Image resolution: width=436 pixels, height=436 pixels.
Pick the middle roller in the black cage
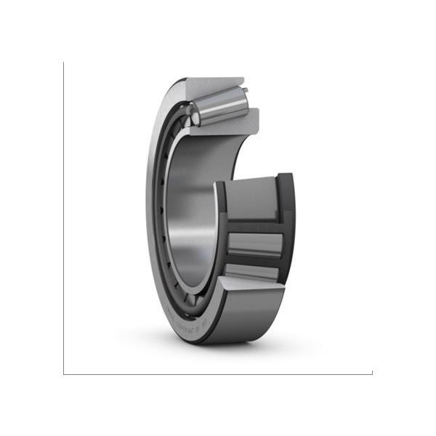click(254, 244)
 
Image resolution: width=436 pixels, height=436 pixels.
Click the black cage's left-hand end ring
click(220, 233)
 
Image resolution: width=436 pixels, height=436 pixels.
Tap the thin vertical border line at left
click(63, 218)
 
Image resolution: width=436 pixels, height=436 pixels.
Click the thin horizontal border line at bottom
click(218, 374)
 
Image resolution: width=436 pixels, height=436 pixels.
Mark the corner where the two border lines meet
click(63, 374)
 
